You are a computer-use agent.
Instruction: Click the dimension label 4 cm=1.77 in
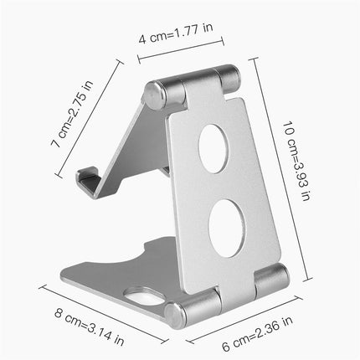[x=176, y=33]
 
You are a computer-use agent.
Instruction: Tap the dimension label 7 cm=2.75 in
[x=72, y=114]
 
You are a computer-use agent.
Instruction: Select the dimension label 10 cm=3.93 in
[x=296, y=161]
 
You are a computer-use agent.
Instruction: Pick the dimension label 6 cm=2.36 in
[x=257, y=334]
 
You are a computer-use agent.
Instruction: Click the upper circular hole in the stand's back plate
[x=213, y=149]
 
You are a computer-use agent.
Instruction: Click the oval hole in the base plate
[x=145, y=297]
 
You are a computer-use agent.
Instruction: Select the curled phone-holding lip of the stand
[x=89, y=183]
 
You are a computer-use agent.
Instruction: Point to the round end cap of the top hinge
[x=153, y=95]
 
